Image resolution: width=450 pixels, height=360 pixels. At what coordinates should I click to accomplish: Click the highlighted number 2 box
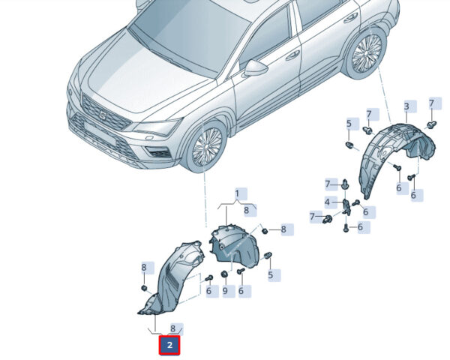point(169,345)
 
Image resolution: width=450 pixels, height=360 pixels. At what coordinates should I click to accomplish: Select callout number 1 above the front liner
point(237,193)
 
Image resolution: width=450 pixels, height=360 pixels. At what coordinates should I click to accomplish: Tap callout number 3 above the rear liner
point(406,106)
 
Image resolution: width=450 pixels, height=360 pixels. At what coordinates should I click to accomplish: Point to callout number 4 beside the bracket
point(328,202)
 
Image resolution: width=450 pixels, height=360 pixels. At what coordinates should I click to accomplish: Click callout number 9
point(225,290)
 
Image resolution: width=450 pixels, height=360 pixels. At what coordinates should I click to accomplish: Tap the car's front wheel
point(205,146)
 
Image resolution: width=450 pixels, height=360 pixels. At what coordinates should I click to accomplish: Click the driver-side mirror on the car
point(256,68)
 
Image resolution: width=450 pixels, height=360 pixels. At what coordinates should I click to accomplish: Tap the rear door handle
point(349,18)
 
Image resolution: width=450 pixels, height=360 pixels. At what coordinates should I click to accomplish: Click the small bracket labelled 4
point(347,207)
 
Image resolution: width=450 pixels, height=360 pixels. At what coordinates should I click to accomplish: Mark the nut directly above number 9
point(224,274)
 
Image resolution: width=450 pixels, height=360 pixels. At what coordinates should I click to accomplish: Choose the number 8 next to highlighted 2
point(172,328)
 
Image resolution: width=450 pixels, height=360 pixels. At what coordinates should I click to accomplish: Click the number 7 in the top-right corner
point(431,103)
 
